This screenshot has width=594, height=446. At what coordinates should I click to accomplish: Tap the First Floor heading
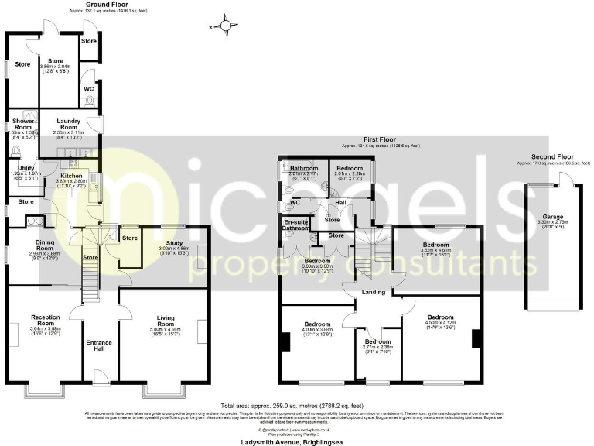[x=381, y=140]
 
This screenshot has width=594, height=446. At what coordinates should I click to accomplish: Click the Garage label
[x=551, y=218]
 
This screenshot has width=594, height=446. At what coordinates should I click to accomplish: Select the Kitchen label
[x=72, y=176]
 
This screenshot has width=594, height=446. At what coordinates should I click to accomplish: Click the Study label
[x=168, y=241]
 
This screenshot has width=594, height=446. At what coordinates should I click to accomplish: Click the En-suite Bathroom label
[x=295, y=225]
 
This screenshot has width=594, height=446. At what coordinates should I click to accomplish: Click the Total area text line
[x=292, y=406]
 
